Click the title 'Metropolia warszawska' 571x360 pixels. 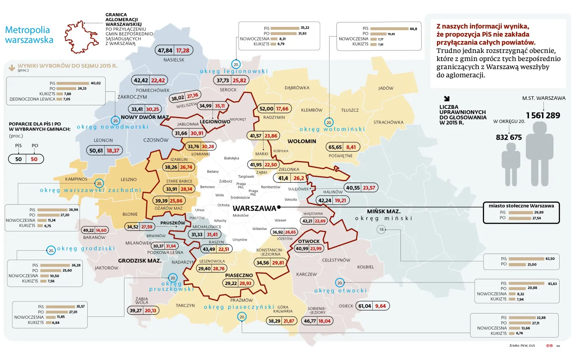coord(29,35)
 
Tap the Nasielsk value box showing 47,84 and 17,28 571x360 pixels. coord(174,51)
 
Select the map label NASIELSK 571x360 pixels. coord(174,60)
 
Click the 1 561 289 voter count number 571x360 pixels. coord(543,115)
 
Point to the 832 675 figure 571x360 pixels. coord(509,137)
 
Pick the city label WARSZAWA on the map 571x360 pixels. coord(254,208)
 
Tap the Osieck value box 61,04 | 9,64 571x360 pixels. coord(373,306)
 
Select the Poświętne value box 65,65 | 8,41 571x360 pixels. coord(342,147)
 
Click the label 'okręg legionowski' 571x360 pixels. coord(234,71)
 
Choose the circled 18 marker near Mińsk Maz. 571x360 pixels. coord(381,230)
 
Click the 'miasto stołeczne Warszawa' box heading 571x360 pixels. coord(521,206)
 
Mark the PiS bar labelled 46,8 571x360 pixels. coord(389,29)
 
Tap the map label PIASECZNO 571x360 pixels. coord(239,276)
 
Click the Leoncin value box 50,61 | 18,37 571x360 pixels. coord(104,150)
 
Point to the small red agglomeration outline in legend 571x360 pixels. coord(84,37)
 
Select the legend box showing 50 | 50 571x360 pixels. coord(26,159)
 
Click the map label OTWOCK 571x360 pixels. coord(309,241)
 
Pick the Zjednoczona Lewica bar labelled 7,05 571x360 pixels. coord(59,99)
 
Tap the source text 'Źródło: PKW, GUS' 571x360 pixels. coord(522,346)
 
